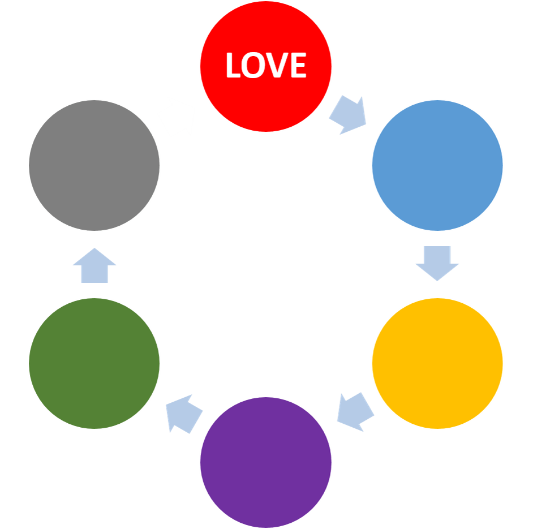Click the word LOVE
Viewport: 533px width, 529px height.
266,66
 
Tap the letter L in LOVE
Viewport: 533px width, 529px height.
233,66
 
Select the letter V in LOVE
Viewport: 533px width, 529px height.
277,66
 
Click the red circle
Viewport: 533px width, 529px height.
266,91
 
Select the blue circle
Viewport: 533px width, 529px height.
437,165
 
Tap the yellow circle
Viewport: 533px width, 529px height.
437,363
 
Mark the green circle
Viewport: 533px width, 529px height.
94,363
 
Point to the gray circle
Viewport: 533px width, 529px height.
94,165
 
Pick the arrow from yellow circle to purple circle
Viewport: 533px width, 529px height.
355,410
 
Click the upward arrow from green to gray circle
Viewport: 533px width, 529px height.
94,265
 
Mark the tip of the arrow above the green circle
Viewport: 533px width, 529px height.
94,248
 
